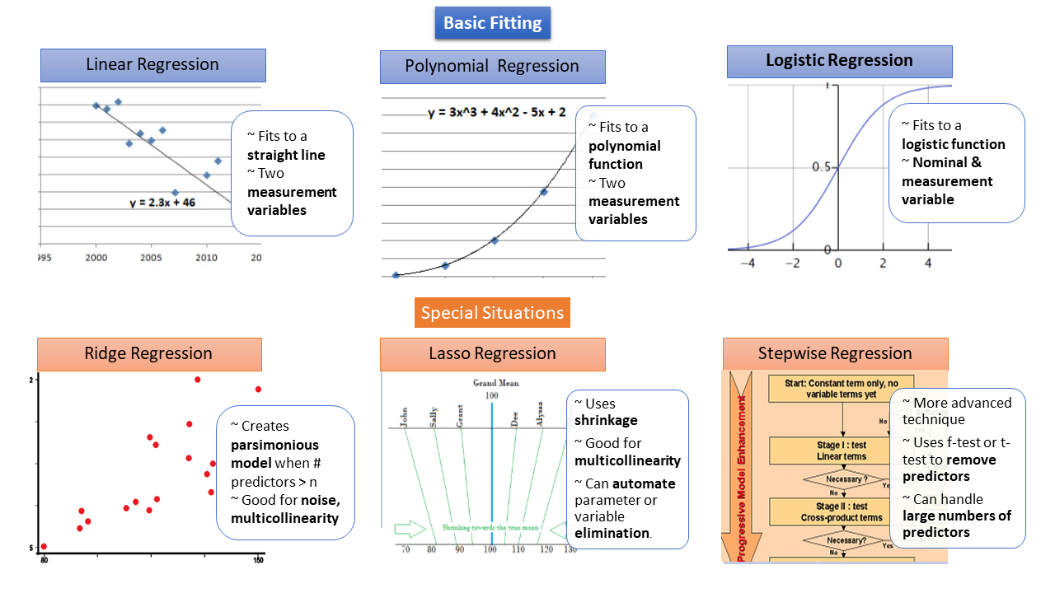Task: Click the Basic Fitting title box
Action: point(492,23)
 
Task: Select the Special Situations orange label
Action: point(492,313)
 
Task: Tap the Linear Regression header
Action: point(153,65)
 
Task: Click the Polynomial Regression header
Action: point(492,67)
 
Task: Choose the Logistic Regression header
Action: point(839,61)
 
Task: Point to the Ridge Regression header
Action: point(148,354)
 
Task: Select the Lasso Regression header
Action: point(492,354)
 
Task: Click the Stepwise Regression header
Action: point(835,354)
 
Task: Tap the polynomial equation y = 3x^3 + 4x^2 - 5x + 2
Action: point(496,112)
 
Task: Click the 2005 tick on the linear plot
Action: point(150,258)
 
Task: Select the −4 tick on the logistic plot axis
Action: point(748,264)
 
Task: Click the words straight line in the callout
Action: point(286,155)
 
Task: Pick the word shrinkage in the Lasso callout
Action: point(606,420)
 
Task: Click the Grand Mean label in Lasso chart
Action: point(492,383)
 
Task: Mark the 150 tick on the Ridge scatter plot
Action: point(258,562)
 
